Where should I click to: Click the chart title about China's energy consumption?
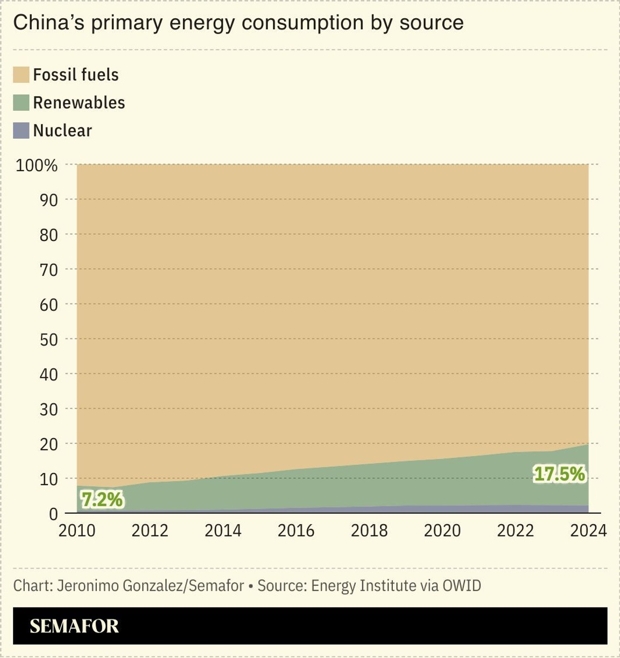tap(238, 23)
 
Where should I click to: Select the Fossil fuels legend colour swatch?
tap(21, 75)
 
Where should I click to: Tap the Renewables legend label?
tap(79, 103)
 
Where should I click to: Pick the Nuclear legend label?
tap(62, 131)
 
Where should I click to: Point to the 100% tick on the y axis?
tap(37, 165)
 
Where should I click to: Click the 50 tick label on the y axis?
tap(48, 339)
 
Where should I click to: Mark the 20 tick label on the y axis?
tap(48, 444)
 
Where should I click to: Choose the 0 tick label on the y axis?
tap(53, 514)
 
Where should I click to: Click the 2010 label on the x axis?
tap(77, 530)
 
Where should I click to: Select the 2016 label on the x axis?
tap(296, 530)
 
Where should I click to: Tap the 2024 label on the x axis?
tap(588, 530)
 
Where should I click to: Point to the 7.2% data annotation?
tap(102, 500)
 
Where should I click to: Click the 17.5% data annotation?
tap(559, 474)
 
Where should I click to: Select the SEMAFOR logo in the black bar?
tap(74, 626)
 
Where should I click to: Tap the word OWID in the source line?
tap(461, 585)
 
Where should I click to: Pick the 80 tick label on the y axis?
tap(48, 235)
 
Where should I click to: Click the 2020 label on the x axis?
tap(442, 530)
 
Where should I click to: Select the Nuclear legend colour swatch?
tap(21, 131)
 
